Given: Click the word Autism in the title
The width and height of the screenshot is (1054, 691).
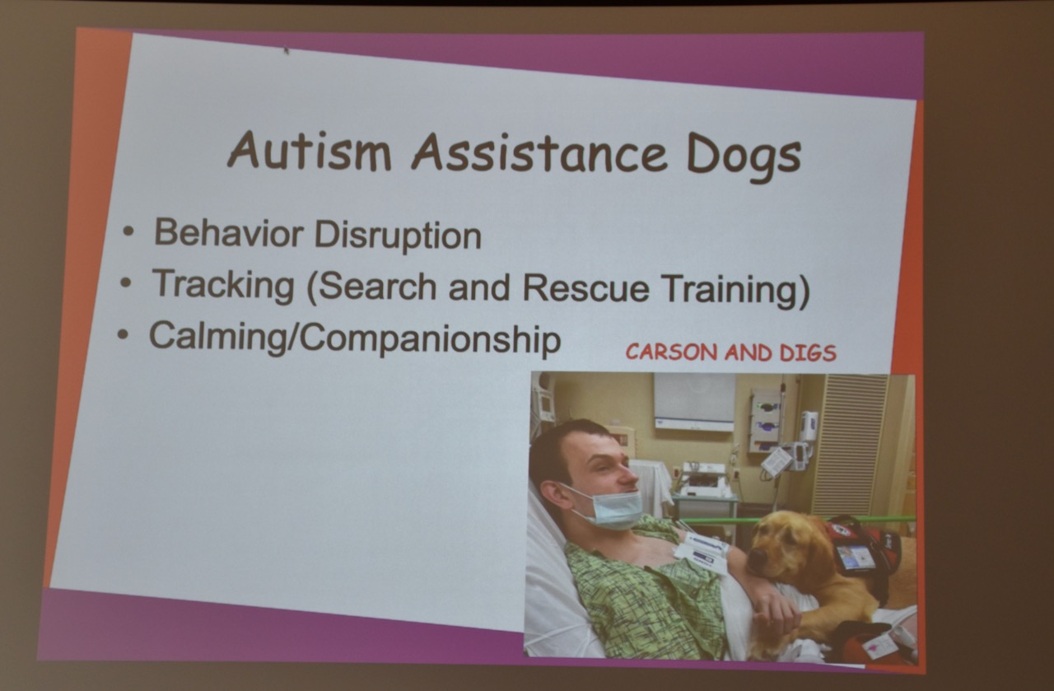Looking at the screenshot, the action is click(309, 150).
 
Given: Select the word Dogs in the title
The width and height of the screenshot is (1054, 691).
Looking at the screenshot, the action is click(744, 158).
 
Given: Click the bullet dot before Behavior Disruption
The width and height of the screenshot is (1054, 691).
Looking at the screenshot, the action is click(128, 231).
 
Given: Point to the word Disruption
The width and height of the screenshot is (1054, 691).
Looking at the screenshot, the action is click(398, 235).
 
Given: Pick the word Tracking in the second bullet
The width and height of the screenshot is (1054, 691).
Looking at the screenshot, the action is click(223, 284).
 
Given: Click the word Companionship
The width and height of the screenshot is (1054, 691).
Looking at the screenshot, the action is click(430, 338).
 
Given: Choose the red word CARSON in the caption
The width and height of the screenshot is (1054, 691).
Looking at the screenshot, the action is click(671, 352).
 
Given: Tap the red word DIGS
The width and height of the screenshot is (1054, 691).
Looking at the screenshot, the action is click(808, 353).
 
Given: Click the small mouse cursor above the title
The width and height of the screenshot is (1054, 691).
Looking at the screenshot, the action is click(286, 49).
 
